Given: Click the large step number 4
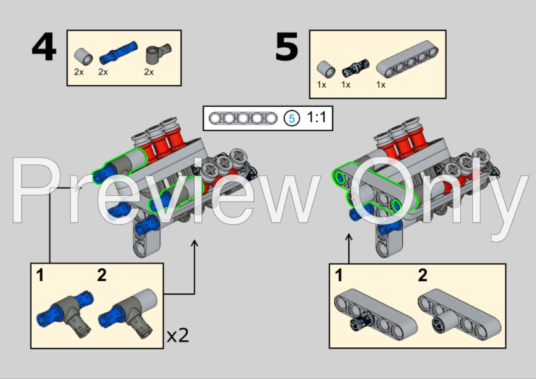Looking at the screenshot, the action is click(x=44, y=47).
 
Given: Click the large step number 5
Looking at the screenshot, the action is click(x=287, y=47).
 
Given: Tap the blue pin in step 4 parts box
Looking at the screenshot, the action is click(x=118, y=53).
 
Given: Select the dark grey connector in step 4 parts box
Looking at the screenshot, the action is click(x=159, y=53).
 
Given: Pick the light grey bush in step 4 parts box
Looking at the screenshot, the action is click(x=83, y=57).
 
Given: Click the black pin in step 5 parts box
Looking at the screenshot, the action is click(x=355, y=68).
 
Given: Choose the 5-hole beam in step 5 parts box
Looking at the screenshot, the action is click(x=407, y=59).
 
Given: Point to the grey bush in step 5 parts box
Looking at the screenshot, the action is click(x=326, y=69).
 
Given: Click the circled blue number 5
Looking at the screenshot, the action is click(x=292, y=118).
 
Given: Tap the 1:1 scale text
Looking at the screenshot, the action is click(x=316, y=117).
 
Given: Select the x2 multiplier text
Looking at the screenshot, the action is click(x=178, y=335).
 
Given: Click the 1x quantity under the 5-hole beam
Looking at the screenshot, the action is click(x=381, y=85).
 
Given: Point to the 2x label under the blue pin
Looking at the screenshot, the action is click(x=103, y=72).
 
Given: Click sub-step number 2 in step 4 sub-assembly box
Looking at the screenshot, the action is click(x=101, y=275).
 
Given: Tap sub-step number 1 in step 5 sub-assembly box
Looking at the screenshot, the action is click(x=339, y=275).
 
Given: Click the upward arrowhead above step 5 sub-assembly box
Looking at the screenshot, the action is click(x=349, y=237).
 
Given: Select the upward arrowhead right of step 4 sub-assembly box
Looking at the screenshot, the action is click(x=195, y=243).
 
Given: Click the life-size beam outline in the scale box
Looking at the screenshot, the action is click(x=243, y=118).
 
